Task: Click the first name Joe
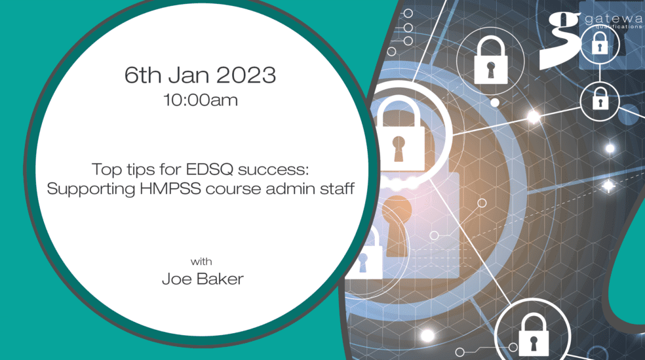(x=176, y=279)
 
